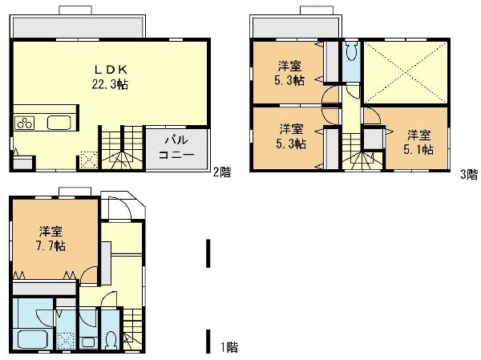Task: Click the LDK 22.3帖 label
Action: point(110,77)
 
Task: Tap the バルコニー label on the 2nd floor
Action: point(176,147)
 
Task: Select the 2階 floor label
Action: point(221,172)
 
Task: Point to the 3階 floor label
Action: point(469,174)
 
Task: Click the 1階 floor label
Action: point(229,347)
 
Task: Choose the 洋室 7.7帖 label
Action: point(51,238)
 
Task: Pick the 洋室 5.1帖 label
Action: point(418,142)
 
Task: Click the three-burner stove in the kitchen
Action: point(25,123)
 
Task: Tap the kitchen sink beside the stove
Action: point(59,123)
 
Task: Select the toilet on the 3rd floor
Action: point(351,51)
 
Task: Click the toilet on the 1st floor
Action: point(110,340)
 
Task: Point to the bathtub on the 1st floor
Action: point(32,339)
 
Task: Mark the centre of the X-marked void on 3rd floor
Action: point(406,72)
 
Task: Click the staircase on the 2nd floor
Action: point(122,147)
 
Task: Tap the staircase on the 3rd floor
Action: point(362,152)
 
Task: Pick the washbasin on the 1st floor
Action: point(88,342)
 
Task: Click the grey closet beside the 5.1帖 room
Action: point(373,139)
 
